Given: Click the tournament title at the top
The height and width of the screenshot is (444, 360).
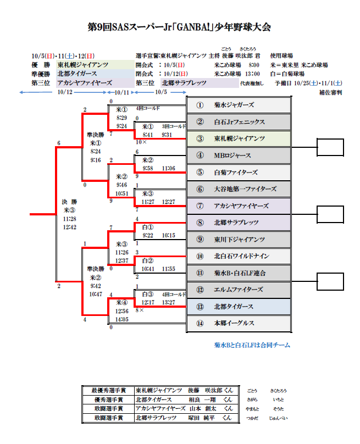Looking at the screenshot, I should (180, 27).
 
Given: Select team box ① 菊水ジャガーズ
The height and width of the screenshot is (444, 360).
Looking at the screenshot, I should (239, 105).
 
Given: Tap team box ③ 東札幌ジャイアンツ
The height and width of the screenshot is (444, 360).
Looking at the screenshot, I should (239, 138).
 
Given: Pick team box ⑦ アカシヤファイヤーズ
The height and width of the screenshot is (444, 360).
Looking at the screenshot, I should (239, 206).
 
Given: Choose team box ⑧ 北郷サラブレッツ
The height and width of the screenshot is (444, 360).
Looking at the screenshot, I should (239, 223).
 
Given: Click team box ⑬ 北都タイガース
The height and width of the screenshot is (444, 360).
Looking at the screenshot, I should (239, 307).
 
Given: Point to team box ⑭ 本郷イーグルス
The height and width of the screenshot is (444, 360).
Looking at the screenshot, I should (239, 323).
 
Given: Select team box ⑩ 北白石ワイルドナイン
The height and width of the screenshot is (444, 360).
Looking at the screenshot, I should (239, 256).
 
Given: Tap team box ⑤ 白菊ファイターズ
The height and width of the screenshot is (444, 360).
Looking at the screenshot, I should (239, 172).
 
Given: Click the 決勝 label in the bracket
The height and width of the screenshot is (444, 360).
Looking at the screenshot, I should (69, 201).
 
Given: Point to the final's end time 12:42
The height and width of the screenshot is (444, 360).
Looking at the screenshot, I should (69, 226).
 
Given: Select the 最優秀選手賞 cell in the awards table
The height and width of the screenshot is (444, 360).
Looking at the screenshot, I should (108, 391).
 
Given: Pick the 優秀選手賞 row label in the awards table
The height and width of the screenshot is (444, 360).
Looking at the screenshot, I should (108, 399).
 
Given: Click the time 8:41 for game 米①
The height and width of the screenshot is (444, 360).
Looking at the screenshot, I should (147, 135).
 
